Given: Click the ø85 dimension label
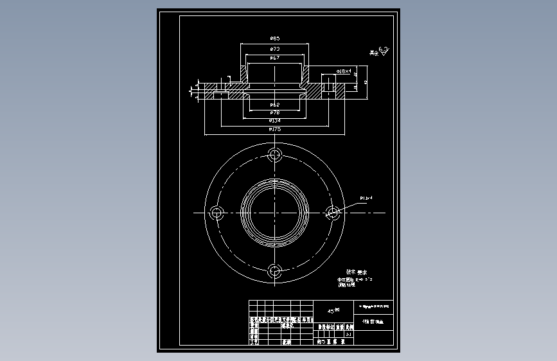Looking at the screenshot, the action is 274,39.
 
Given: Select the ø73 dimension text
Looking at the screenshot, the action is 274,49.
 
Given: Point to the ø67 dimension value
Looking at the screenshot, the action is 274,58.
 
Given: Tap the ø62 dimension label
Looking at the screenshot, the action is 274,105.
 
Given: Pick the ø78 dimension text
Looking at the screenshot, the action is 274,112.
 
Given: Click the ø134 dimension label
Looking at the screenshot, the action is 274,120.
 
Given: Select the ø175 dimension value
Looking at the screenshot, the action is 274,129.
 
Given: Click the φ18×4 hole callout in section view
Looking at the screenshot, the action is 343,71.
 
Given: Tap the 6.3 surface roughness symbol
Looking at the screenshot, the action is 383,49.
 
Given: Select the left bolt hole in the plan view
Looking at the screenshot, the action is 217,213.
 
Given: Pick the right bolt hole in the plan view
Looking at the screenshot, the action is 333,213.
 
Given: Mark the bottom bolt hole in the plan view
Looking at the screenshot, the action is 276,270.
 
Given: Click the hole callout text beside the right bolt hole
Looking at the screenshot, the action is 366,198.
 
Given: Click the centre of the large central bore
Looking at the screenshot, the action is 275,213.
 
